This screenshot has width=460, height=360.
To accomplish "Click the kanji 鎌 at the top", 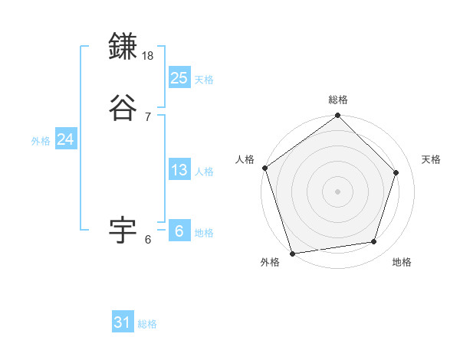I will click(123, 47).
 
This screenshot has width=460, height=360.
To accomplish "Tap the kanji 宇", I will click(123, 229).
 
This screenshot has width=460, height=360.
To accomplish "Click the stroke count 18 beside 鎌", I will click(149, 56).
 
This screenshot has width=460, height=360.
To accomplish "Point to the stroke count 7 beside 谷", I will click(148, 116).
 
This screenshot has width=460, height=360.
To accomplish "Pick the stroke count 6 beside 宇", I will click(148, 239).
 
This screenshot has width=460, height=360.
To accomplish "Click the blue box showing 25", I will click(179, 77).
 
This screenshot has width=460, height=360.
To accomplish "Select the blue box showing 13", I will click(179, 170).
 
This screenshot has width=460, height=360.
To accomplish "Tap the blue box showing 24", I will click(65, 139).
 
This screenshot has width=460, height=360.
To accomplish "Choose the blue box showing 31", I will click(123, 322).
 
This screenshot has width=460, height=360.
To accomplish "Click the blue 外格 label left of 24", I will click(41, 141).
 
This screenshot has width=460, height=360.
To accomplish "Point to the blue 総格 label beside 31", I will click(147, 324).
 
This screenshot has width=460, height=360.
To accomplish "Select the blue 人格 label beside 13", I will click(204, 172).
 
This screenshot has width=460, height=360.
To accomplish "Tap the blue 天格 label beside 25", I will click(204, 79).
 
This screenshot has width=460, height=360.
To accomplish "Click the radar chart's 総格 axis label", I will click(338, 100).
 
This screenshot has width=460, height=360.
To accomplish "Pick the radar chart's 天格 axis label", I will click(431, 159).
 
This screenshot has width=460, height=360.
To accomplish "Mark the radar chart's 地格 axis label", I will click(402, 262).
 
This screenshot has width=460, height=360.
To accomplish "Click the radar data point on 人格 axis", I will click(264, 168).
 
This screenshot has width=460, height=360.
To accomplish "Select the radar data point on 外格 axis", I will click(292, 252).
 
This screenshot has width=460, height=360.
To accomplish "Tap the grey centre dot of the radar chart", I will click(337, 191).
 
